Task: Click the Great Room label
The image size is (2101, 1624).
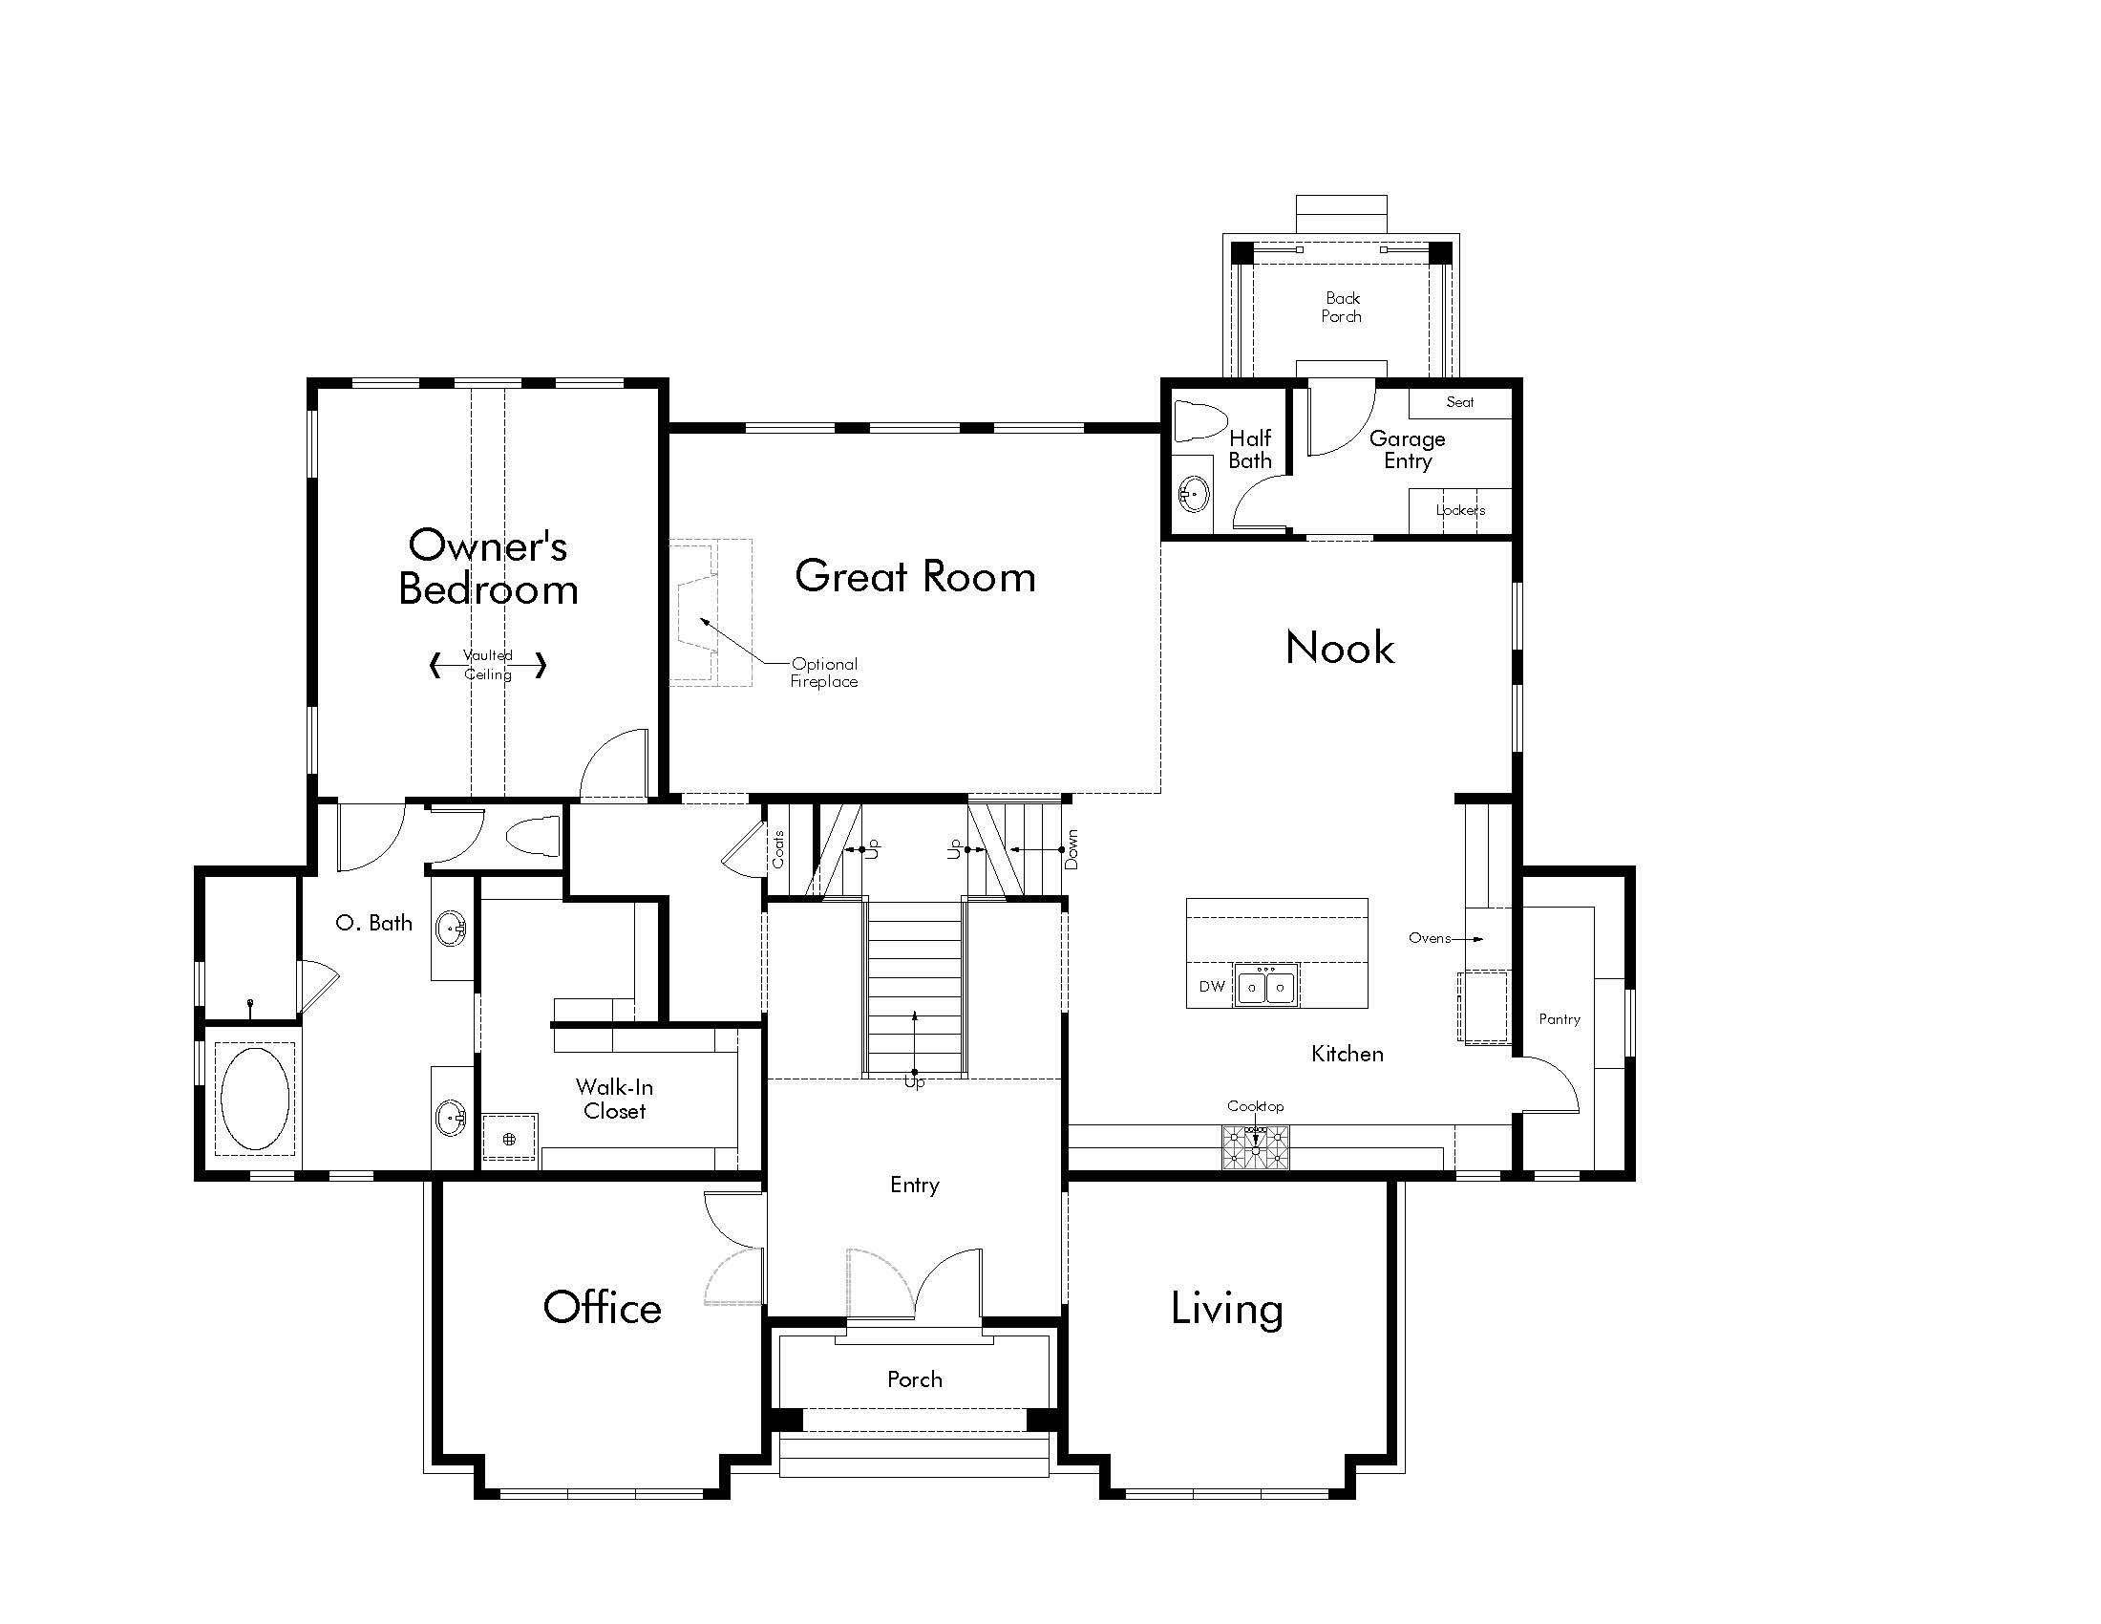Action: pyautogui.click(x=915, y=576)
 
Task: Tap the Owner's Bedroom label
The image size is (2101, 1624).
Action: pyautogui.click(x=488, y=567)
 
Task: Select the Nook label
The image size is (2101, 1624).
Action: pyautogui.click(x=1339, y=648)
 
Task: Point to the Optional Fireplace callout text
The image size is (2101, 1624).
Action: pyautogui.click(x=824, y=673)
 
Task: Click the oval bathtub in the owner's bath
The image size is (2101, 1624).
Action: pyautogui.click(x=254, y=1099)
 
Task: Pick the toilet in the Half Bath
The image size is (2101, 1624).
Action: pyautogui.click(x=1201, y=421)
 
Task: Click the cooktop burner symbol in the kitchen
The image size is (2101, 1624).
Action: pyautogui.click(x=1255, y=1147)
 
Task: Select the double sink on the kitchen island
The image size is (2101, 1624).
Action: pyautogui.click(x=1266, y=986)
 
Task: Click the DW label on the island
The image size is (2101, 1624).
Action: pyautogui.click(x=1212, y=986)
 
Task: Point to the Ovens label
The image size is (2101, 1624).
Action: pyautogui.click(x=1430, y=938)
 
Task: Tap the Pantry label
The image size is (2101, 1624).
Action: pyautogui.click(x=1560, y=1020)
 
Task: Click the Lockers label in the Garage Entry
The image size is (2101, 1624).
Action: pyautogui.click(x=1460, y=510)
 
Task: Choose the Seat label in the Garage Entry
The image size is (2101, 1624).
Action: pyautogui.click(x=1459, y=402)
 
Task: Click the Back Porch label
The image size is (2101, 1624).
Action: pyautogui.click(x=1342, y=307)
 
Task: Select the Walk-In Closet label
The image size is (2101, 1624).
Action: pyautogui.click(x=614, y=1099)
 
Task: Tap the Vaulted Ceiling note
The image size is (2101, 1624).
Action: pyautogui.click(x=488, y=665)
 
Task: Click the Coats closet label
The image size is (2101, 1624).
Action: pyautogui.click(x=778, y=848)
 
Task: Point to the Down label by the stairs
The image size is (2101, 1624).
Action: pyautogui.click(x=1072, y=849)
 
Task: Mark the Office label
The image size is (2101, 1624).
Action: pyautogui.click(x=603, y=1308)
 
